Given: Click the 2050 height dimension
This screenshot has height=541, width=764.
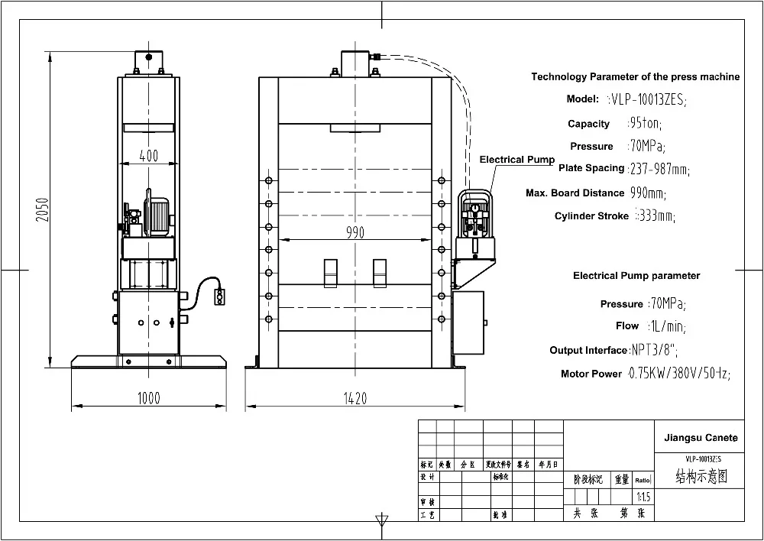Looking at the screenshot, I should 44,209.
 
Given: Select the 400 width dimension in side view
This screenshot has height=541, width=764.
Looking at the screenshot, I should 149,156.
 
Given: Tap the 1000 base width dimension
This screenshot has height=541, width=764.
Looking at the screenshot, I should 148,397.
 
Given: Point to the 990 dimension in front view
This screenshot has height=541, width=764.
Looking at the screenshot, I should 355,233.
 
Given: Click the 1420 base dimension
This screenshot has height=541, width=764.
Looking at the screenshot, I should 355,397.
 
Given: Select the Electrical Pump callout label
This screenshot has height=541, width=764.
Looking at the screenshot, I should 516,160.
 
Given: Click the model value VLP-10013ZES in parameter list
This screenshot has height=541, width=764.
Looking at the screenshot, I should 647,99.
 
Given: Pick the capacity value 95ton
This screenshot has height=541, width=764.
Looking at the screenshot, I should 645,123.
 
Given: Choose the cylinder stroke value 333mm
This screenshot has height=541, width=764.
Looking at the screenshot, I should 655,216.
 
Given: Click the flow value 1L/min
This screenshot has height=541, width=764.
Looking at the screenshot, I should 667,326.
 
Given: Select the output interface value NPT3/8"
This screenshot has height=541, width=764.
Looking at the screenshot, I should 654,350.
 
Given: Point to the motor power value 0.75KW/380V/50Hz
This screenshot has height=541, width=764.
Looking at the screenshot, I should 678,374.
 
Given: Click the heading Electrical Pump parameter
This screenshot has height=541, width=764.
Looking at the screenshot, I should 636,276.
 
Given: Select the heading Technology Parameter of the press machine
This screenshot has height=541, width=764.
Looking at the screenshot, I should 635,76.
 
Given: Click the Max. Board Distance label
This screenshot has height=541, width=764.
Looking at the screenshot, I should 575,193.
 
